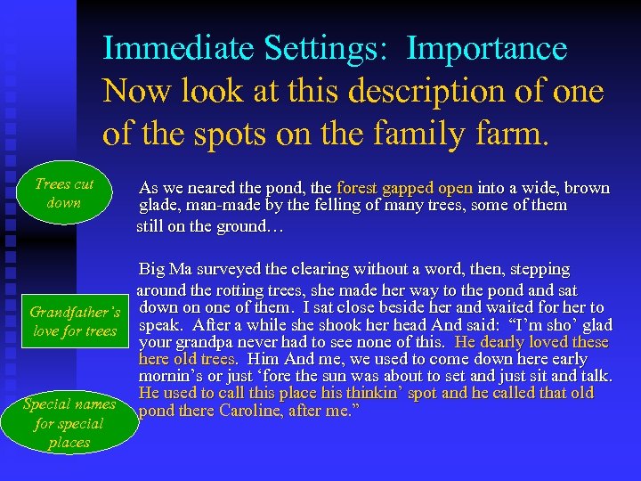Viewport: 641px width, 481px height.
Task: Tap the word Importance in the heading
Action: [486, 49]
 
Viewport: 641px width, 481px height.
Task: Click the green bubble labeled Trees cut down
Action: [64, 193]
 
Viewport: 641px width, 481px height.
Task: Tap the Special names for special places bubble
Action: [69, 423]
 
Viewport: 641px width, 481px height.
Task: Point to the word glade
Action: [158, 206]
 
